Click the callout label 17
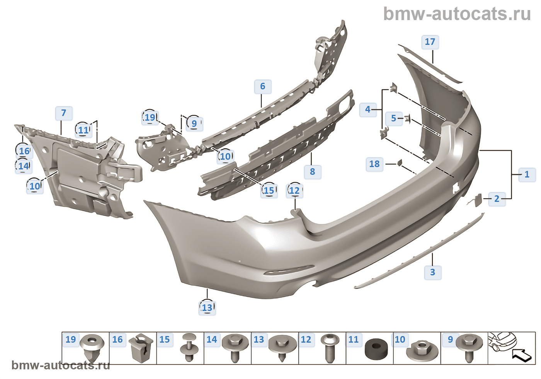click(430, 42)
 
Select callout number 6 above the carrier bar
click(263, 86)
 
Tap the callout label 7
click(64, 113)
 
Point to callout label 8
click(312, 171)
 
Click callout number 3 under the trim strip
click(432, 272)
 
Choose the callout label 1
click(527, 174)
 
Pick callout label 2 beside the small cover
click(497, 199)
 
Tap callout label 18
click(374, 164)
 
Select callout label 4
click(367, 109)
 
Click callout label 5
click(393, 118)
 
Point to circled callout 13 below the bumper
click(207, 307)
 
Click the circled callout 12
click(294, 190)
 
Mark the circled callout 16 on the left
click(24, 151)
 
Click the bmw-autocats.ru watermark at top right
click(457, 14)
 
